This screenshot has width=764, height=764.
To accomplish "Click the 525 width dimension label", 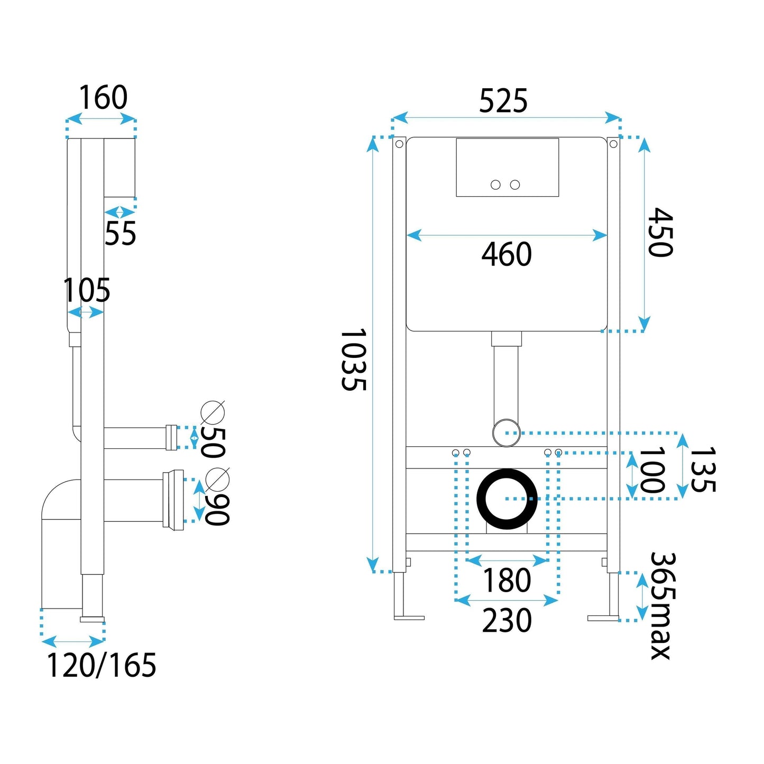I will tap(503, 100).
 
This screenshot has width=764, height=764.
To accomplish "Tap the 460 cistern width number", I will tap(506, 254).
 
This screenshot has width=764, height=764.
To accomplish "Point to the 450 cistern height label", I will tap(660, 232).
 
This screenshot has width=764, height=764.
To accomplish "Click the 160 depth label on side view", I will tap(103, 97).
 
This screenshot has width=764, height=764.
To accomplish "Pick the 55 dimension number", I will tap(120, 233).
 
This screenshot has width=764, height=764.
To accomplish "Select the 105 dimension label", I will tap(87, 290).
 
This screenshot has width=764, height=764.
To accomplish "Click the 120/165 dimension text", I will tap(102, 665).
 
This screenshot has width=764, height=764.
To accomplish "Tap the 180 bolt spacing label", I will tap(506, 581).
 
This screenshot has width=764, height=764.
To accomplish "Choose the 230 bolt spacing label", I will tap(506, 621).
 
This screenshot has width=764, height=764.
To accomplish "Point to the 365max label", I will tap(661, 605).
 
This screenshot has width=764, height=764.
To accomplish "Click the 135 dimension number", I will tap(703, 470).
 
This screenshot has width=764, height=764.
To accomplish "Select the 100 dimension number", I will tap(651, 470).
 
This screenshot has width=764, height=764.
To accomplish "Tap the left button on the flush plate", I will tap(495, 185).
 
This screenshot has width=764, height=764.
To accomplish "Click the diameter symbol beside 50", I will tap(213, 412).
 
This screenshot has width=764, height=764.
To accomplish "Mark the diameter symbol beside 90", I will tap(218, 479).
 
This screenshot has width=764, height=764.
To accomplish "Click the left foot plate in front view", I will tap(409, 618).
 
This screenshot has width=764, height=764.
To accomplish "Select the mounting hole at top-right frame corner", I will tap(613, 144).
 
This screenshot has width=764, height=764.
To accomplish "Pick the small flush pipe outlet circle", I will tap(507, 432).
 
